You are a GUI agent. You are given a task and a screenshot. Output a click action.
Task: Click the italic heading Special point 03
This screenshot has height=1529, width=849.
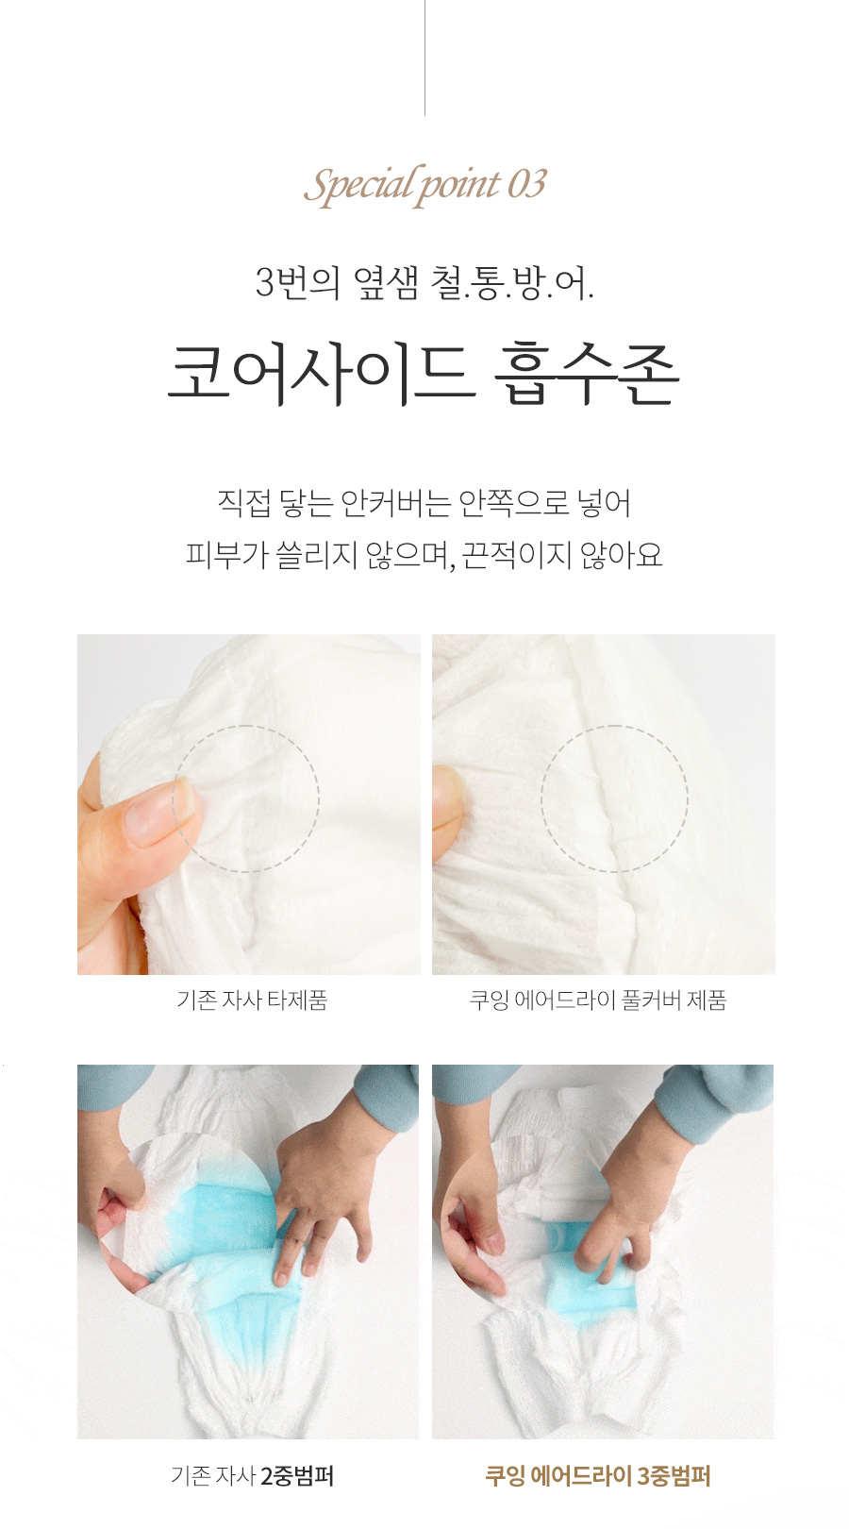click(424, 184)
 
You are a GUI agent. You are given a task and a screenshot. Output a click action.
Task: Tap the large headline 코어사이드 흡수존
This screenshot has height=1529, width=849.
click(424, 374)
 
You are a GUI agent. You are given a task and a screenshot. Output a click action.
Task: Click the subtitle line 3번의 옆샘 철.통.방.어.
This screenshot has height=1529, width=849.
click(424, 282)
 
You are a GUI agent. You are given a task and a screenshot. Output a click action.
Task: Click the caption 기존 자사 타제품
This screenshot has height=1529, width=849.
click(252, 1000)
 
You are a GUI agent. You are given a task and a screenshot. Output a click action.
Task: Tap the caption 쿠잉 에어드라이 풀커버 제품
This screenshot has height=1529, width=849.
click(598, 1000)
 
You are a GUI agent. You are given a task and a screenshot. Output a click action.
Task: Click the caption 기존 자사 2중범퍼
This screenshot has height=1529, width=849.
click(252, 1475)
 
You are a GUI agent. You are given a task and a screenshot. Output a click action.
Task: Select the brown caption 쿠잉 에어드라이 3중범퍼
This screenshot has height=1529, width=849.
click(598, 1475)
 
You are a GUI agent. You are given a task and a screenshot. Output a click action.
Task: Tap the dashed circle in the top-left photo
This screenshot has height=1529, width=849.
click(246, 798)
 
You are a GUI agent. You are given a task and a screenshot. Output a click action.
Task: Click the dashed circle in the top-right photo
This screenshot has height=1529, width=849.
click(614, 798)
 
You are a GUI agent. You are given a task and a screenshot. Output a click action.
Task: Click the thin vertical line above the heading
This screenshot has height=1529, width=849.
click(424, 57)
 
